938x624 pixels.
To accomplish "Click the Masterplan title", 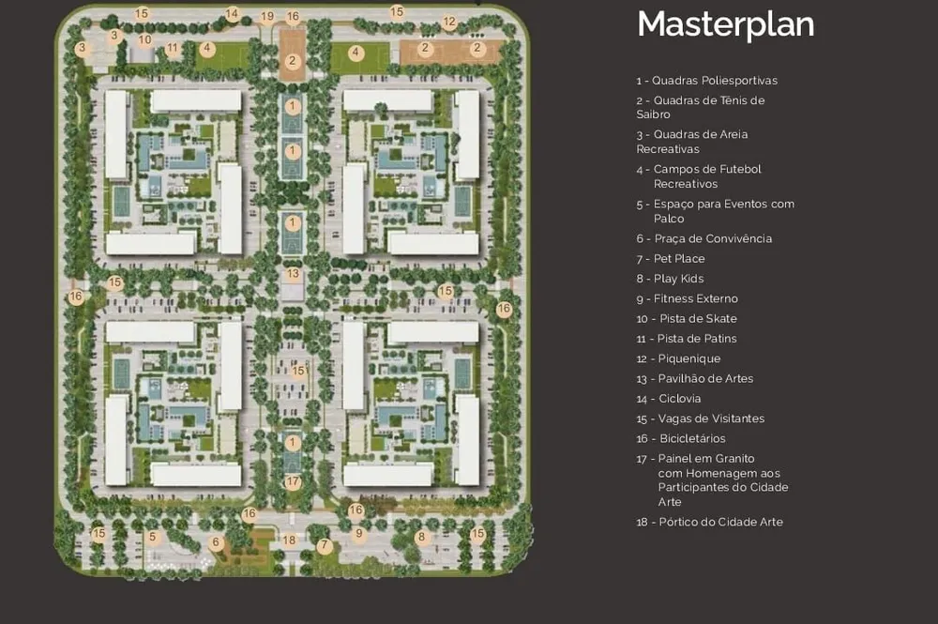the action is point(726,24).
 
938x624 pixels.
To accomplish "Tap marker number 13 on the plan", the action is point(293,274).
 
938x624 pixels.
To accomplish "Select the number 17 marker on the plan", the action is point(293,481).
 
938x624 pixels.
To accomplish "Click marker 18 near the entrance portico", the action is point(289,540).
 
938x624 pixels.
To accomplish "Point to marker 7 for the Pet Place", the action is point(325,545).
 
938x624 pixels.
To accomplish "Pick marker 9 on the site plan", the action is point(359,533).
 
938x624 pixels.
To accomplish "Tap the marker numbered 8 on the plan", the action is point(421,537).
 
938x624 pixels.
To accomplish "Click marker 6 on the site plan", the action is point(216,542).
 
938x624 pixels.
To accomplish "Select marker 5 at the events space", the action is point(153,537).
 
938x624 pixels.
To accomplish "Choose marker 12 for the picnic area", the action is point(449,23).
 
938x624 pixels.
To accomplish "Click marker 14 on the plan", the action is point(232,13).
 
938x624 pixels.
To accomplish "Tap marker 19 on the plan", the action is point(267,16).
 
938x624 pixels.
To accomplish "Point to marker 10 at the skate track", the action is point(144,40).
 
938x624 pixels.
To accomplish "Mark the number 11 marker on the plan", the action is point(173,48).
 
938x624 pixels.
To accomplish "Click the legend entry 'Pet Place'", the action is point(671,258).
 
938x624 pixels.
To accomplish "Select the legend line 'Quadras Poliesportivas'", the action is point(707,80).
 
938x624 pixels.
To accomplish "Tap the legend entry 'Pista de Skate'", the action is point(687,318).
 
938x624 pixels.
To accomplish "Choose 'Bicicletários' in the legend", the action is point(681,438).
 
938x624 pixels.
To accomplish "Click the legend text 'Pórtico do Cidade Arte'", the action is point(709,522).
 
